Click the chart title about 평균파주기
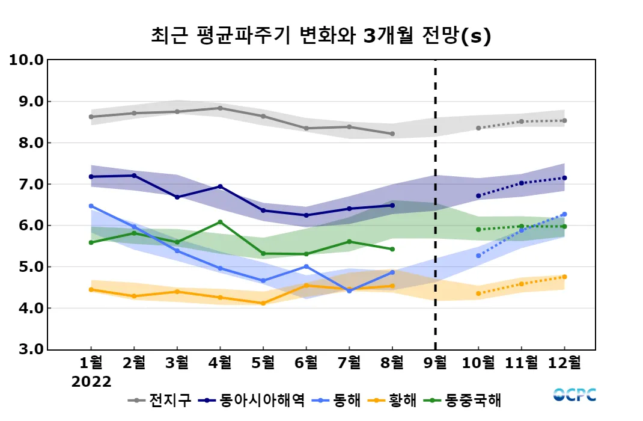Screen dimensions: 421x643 click(321, 36)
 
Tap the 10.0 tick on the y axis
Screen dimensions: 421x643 click(26, 60)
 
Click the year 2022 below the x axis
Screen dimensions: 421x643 click(91, 382)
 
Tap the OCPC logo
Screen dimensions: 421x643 click(574, 395)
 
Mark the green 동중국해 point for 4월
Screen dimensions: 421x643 click(220, 222)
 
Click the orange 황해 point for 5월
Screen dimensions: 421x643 click(263, 303)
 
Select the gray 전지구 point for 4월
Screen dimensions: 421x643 click(220, 108)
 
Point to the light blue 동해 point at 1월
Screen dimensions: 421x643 click(91, 206)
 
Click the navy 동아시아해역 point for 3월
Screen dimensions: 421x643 click(177, 197)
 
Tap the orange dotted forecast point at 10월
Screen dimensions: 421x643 click(478, 293)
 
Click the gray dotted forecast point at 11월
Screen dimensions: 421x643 click(521, 121)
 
